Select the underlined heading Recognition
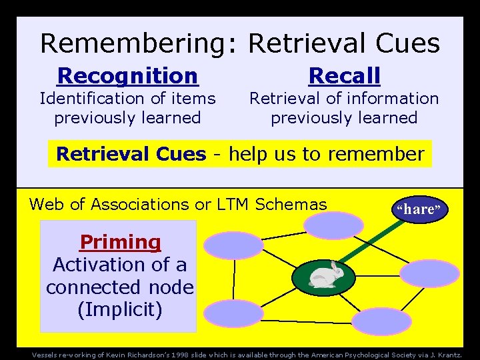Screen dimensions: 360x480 coord(128,76)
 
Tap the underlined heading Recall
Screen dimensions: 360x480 coord(344,76)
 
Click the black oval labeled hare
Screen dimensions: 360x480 coord(419,209)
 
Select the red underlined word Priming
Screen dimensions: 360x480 coord(121,242)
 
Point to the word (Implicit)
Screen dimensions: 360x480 coord(120,310)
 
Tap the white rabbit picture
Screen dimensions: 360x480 coord(325,275)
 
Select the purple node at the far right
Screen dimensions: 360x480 coord(429,273)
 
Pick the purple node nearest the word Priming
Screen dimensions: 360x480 coord(234,245)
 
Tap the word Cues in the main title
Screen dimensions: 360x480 coord(407,43)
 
